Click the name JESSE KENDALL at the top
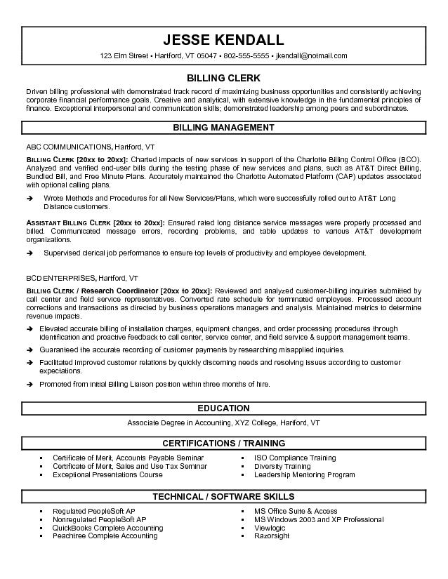(223, 39)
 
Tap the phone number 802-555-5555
(244, 55)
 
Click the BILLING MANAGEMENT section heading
(223, 128)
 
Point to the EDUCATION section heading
(223, 408)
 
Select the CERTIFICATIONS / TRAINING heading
(223, 443)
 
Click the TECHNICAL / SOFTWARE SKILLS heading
(223, 496)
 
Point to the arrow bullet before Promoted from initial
(30, 385)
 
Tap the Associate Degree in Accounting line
(223, 423)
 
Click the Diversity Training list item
(282, 466)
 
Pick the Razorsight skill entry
(272, 535)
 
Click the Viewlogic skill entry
(271, 528)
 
